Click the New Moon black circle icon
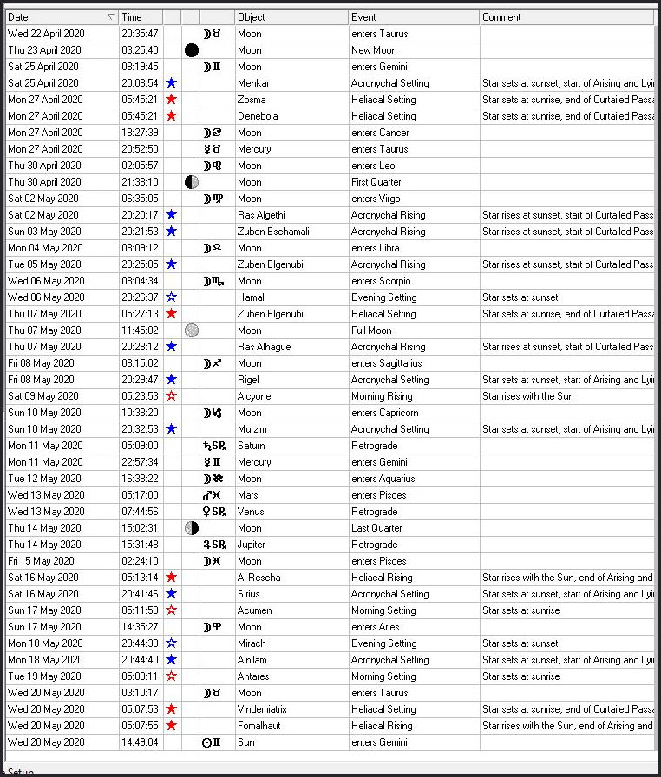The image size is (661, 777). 192,50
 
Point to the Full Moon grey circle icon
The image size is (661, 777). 192,330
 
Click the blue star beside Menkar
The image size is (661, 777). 172,83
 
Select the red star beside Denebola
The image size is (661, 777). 172,116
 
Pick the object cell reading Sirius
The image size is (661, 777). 250,594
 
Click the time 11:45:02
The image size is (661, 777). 140,330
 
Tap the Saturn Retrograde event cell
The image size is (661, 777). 375,446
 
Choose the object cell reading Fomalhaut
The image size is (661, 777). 259,726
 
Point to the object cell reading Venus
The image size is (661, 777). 251,512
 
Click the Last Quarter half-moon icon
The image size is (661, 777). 192,528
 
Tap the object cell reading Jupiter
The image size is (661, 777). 252,545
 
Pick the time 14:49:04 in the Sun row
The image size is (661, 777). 140,742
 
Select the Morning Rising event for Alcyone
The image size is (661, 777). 383,396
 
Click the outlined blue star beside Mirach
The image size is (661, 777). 172,643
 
